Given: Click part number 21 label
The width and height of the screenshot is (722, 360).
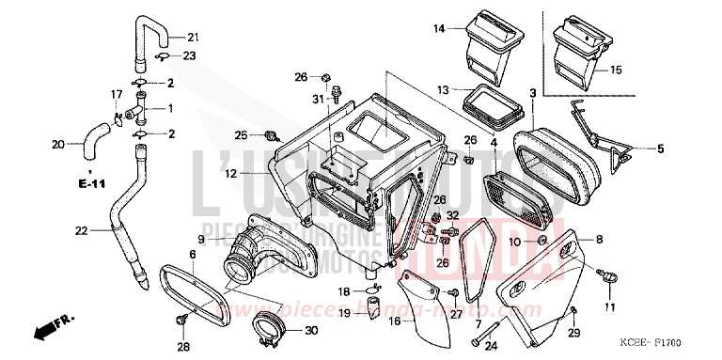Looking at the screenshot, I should [193, 38].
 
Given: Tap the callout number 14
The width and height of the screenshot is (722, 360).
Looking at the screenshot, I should [439, 29].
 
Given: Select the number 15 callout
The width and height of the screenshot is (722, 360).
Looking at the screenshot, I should [616, 70].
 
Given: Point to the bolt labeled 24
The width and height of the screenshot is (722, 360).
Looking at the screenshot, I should [485, 334].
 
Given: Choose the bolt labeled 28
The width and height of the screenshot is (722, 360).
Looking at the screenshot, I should [180, 322].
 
